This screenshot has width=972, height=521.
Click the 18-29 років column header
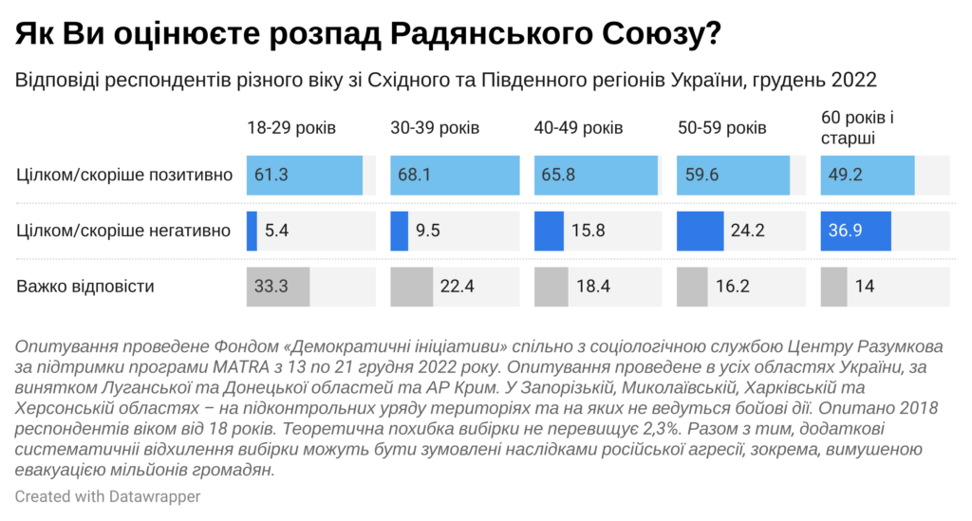pyautogui.click(x=291, y=128)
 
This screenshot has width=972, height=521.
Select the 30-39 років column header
pyautogui.click(x=435, y=128)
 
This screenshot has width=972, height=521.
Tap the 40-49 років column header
pyautogui.click(x=579, y=128)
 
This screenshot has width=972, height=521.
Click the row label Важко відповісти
pyautogui.click(x=85, y=286)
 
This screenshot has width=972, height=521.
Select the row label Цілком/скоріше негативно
pyautogui.click(x=124, y=231)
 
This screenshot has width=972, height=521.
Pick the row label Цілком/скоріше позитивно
pyautogui.click(x=124, y=176)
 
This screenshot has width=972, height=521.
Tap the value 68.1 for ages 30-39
pyautogui.click(x=413, y=177)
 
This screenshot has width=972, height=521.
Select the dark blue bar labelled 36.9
pyautogui.click(x=855, y=232)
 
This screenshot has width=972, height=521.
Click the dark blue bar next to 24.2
pyautogui.click(x=707, y=232)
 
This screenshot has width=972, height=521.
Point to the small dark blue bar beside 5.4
pyautogui.click(x=252, y=232)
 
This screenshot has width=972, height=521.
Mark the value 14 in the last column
pyautogui.click(x=865, y=287)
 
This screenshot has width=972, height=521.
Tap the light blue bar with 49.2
pyautogui.click(x=867, y=177)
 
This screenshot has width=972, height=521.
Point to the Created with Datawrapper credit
pyautogui.click(x=107, y=496)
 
